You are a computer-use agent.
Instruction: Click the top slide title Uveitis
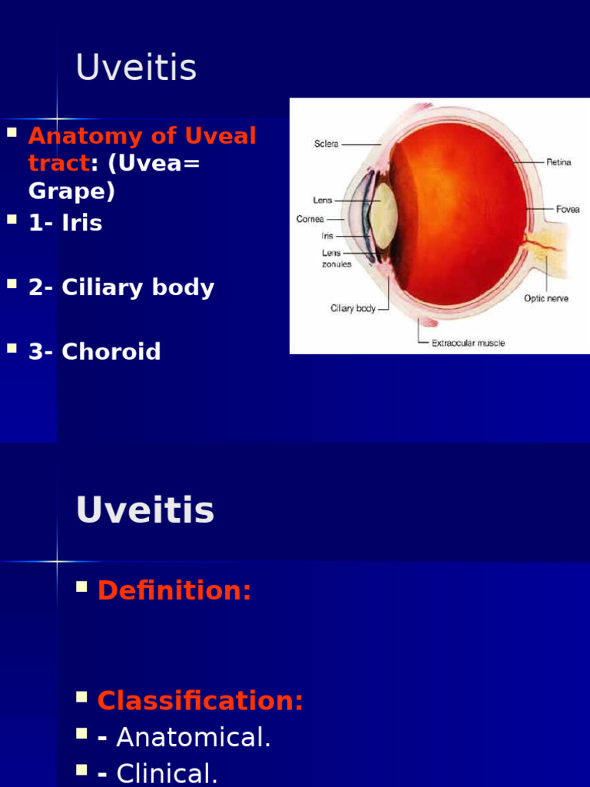(x=136, y=68)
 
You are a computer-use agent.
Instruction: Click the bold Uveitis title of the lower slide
(x=145, y=510)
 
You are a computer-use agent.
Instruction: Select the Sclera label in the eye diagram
(x=326, y=144)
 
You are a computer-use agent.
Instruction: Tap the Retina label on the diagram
(x=559, y=162)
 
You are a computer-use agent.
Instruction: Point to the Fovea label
(x=568, y=208)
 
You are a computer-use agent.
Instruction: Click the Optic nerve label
(x=546, y=298)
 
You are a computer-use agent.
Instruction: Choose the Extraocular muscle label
(x=468, y=344)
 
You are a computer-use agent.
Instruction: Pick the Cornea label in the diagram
(x=310, y=219)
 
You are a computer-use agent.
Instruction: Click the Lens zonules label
(x=336, y=258)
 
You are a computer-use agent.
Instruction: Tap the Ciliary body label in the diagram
(x=353, y=308)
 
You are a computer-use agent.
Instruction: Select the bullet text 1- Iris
(x=65, y=224)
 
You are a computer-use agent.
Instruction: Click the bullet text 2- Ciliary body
(x=121, y=288)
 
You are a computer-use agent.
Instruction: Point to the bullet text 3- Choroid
(x=94, y=352)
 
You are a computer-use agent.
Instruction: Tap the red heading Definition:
(x=174, y=590)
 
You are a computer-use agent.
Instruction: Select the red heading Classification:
(x=201, y=701)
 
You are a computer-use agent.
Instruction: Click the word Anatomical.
(x=194, y=738)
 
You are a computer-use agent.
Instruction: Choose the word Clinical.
(x=167, y=773)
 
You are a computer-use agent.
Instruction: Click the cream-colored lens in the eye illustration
(x=384, y=216)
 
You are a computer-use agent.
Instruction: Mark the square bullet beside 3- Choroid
(x=12, y=348)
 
